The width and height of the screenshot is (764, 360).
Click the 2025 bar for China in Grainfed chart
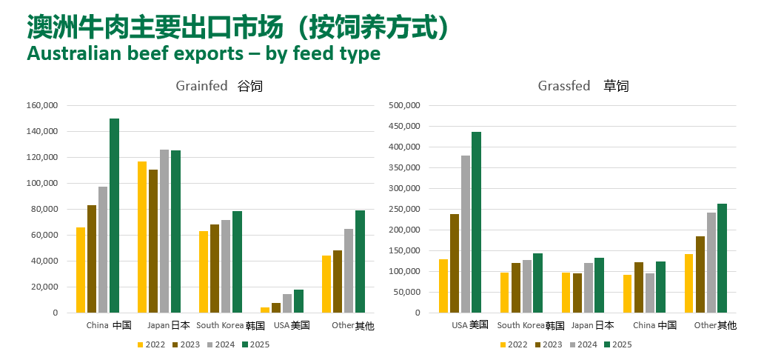coord(115,216)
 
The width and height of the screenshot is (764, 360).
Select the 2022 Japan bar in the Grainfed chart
coord(142,237)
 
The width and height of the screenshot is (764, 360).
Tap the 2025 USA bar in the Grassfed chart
coord(476,222)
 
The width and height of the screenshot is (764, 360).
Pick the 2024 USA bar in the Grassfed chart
coord(465,234)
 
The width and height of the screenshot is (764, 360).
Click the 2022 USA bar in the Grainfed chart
coord(265,310)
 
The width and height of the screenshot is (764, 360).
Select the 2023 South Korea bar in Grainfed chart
coord(215,268)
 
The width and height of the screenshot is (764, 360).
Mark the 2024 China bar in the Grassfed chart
coord(650,293)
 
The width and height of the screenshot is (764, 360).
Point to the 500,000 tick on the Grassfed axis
coord(405,106)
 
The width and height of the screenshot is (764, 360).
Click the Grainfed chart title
coord(219,86)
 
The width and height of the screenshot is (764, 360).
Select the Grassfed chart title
coord(583,86)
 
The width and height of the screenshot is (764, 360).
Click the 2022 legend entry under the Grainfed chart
coord(151,344)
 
